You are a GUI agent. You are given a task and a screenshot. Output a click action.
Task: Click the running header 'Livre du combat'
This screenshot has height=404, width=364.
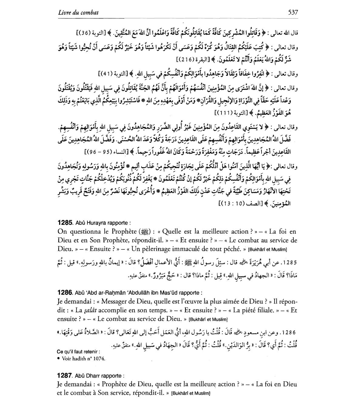point(78,12)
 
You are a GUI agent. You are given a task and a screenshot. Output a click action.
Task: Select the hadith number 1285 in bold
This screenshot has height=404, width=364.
point(65,222)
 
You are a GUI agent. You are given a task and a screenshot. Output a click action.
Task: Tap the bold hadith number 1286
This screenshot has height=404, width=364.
point(65,293)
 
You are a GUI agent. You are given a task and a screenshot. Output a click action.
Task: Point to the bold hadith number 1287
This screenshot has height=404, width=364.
point(65,375)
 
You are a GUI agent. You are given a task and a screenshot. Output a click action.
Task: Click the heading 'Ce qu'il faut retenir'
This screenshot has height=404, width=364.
point(78,351)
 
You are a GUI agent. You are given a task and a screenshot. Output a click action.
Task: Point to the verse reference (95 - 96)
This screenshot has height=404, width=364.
point(96,151)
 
